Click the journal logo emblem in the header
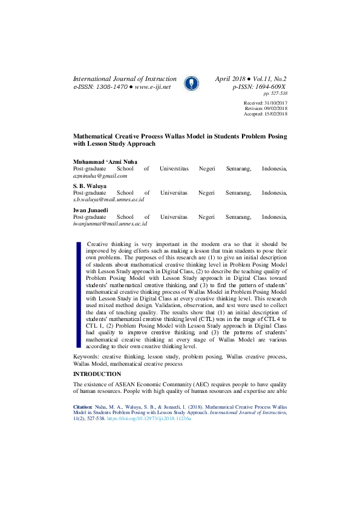pyautogui.click(x=190, y=83)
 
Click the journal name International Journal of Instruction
pyautogui.click(x=125, y=79)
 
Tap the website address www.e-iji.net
pyautogui.click(x=152, y=87)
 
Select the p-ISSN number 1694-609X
pyautogui.click(x=269, y=87)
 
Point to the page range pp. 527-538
pyautogui.click(x=275, y=94)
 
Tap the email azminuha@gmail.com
pyautogui.click(x=100, y=176)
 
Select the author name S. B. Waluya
pyautogui.click(x=90, y=186)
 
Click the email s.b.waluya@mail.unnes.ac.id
pyautogui.click(x=108, y=199)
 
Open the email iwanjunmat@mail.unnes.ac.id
pyautogui.click(x=110, y=223)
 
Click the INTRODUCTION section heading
pyautogui.click(x=97, y=375)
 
